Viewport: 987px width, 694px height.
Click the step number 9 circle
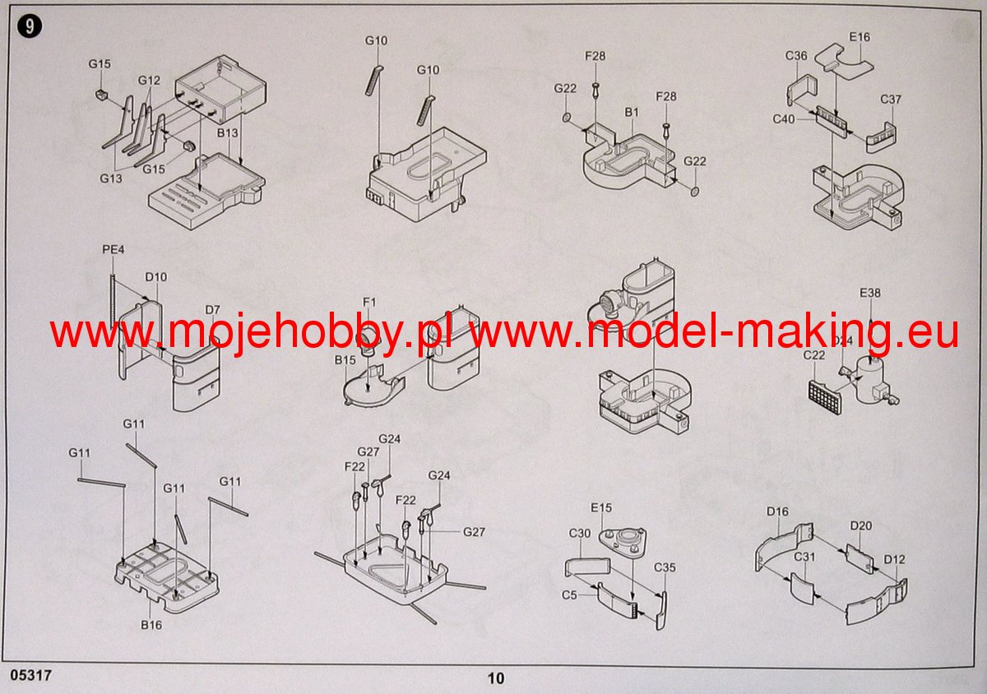30,26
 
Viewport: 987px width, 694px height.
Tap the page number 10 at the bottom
496,678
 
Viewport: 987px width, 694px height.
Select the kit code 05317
30,675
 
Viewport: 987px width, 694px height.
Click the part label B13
227,132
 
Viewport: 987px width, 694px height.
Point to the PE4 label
114,249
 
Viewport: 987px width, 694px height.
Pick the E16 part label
860,37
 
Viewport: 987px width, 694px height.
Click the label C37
891,99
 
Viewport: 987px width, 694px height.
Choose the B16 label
151,625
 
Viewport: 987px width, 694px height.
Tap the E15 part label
601,508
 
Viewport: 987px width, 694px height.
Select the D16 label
777,511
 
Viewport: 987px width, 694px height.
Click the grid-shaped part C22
825,397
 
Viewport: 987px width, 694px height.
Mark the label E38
870,293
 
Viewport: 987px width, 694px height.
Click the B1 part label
632,113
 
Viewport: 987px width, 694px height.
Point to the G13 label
110,178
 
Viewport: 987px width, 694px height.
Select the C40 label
784,119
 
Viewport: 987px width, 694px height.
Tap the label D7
212,310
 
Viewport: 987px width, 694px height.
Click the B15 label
345,360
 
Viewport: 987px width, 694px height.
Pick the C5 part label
569,595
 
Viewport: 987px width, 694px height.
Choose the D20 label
861,525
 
